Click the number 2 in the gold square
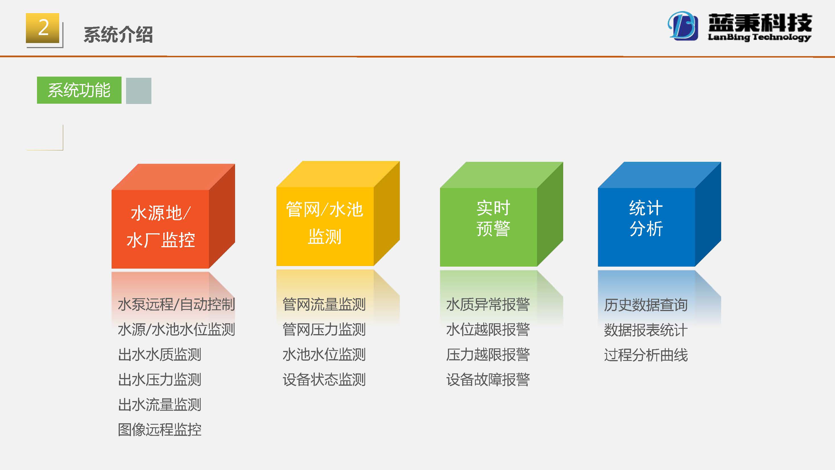click(x=44, y=28)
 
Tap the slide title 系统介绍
click(x=118, y=34)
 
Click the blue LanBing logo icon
click(x=683, y=26)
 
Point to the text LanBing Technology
click(x=759, y=37)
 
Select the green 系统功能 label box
click(x=79, y=90)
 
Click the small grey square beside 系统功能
click(x=138, y=91)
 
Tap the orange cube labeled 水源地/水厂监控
click(x=173, y=216)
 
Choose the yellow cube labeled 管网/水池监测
click(x=338, y=213)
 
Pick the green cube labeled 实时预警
click(x=501, y=214)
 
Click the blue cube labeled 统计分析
click(x=659, y=214)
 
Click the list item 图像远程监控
click(x=159, y=430)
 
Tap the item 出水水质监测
click(x=159, y=354)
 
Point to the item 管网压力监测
click(x=324, y=329)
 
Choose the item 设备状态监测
click(x=324, y=379)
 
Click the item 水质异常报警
click(x=488, y=304)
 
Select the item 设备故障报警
click(x=488, y=379)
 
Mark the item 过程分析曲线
click(x=646, y=355)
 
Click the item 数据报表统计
click(x=646, y=330)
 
